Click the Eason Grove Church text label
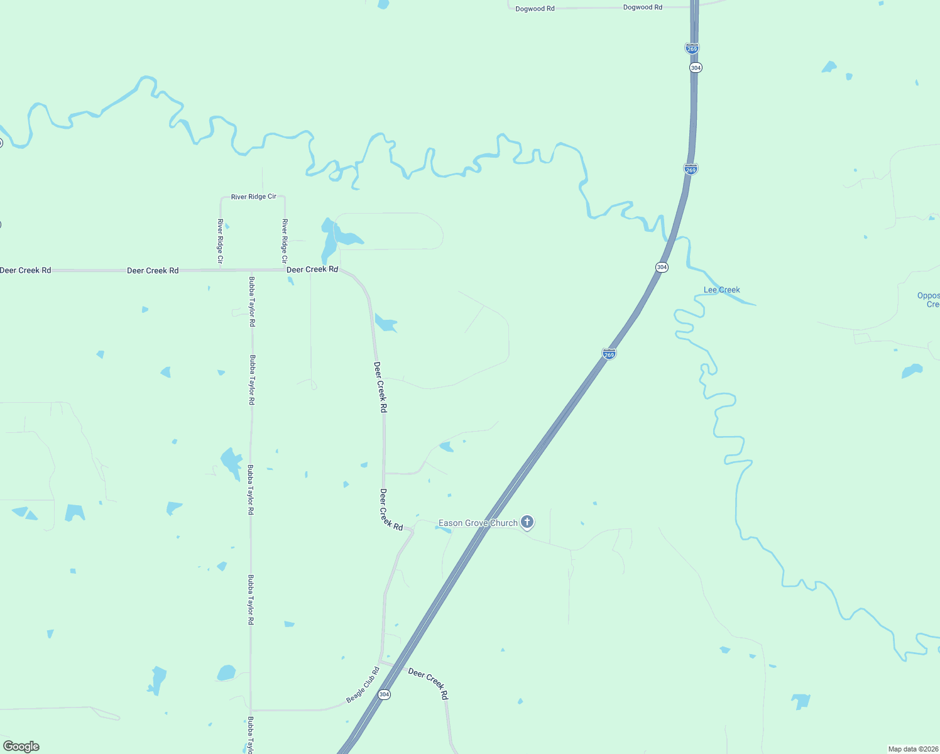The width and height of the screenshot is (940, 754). [x=478, y=523]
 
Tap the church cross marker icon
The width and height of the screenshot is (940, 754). [x=528, y=522]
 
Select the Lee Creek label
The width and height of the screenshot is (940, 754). [x=721, y=290]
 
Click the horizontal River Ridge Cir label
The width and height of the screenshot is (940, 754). [x=253, y=197]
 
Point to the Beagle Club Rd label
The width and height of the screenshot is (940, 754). [x=363, y=685]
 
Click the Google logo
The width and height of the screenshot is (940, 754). [x=21, y=746]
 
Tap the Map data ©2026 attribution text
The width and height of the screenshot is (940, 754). [x=912, y=749]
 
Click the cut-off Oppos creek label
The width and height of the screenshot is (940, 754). [x=929, y=300]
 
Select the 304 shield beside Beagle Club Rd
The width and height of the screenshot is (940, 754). [x=385, y=694]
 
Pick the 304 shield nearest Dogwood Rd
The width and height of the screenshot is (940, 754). [x=695, y=67]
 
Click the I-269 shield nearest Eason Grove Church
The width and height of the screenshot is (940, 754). [x=609, y=354]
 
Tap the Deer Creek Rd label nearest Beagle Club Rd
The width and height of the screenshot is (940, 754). [x=428, y=683]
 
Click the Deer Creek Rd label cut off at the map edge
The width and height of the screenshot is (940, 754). [x=25, y=270]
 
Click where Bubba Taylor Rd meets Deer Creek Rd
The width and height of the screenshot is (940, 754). [x=251, y=271]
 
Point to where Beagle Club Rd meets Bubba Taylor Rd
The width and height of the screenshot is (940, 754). [x=251, y=710]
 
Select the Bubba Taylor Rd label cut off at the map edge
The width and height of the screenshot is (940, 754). [x=250, y=735]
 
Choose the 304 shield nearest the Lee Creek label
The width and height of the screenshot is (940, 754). [x=662, y=267]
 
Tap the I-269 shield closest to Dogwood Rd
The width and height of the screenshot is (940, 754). [x=692, y=48]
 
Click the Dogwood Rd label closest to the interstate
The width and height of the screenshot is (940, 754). [x=642, y=8]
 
